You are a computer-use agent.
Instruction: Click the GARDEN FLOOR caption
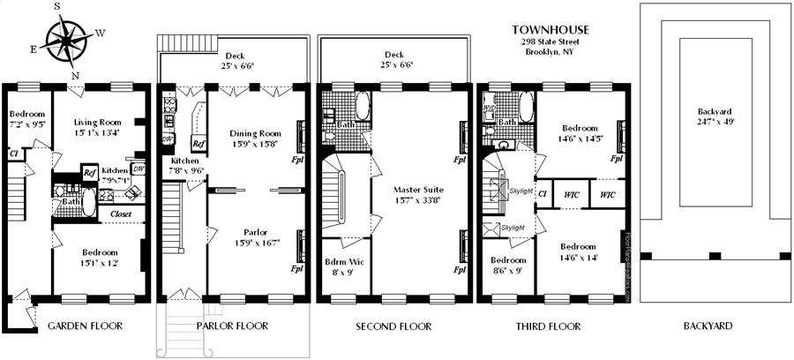point(85,326)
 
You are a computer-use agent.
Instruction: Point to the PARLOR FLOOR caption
point(233,326)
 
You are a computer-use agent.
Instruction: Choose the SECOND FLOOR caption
point(393,326)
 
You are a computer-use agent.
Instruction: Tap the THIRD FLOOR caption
point(549,326)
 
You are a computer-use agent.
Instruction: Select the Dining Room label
point(254,132)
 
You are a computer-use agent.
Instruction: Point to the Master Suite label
point(420,190)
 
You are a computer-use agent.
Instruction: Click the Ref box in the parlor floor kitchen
point(198,142)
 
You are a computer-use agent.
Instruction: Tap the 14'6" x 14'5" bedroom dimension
point(580,139)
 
